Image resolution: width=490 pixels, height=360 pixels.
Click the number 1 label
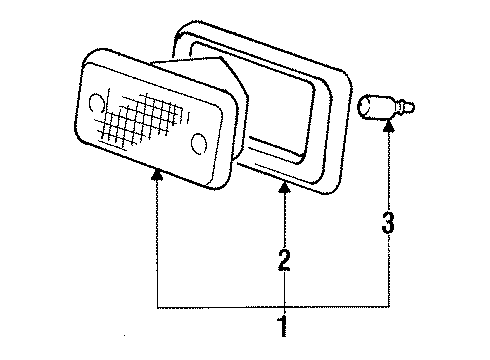click(x=284, y=325)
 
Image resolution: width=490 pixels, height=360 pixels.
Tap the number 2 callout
click(x=285, y=262)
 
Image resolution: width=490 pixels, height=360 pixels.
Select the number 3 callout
click(x=389, y=223)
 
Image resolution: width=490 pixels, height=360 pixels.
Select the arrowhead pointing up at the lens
click(x=156, y=175)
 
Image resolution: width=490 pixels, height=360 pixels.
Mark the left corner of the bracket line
click(x=156, y=303)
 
